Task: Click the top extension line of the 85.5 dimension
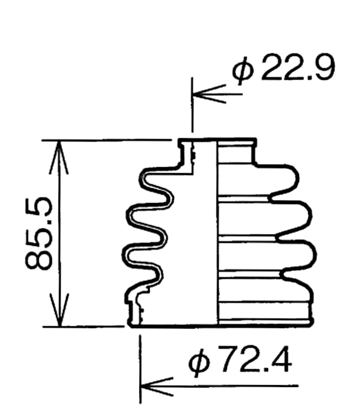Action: coord(110,140)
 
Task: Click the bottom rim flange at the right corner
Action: coord(312,322)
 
